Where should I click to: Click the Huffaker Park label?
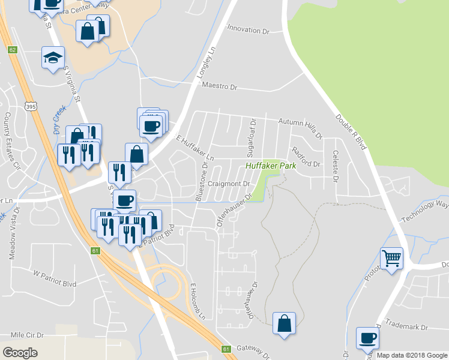[271, 164]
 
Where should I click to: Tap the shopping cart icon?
[391, 259]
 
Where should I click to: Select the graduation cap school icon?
[53, 58]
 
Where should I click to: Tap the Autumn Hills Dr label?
[300, 124]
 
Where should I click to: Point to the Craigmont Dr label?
[228, 184]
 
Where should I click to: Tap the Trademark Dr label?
[407, 327]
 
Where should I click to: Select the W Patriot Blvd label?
[55, 275]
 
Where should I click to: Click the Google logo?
[20, 353]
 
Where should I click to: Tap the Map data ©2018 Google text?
[411, 355]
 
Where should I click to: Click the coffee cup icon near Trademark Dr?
[367, 338]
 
